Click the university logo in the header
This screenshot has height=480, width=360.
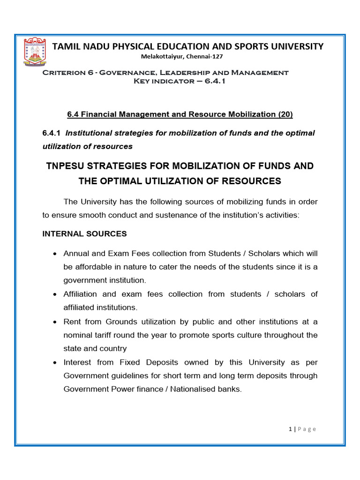tap(36, 52)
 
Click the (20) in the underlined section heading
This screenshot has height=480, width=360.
tap(285, 114)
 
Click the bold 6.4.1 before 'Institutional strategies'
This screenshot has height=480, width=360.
tap(52, 133)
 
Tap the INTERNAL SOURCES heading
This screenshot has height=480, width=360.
tap(84, 233)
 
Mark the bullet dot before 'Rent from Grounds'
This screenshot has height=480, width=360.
tap(56, 322)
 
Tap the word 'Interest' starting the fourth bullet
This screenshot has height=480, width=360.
tap(78, 362)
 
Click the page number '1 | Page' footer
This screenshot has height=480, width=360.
tap(302, 429)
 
